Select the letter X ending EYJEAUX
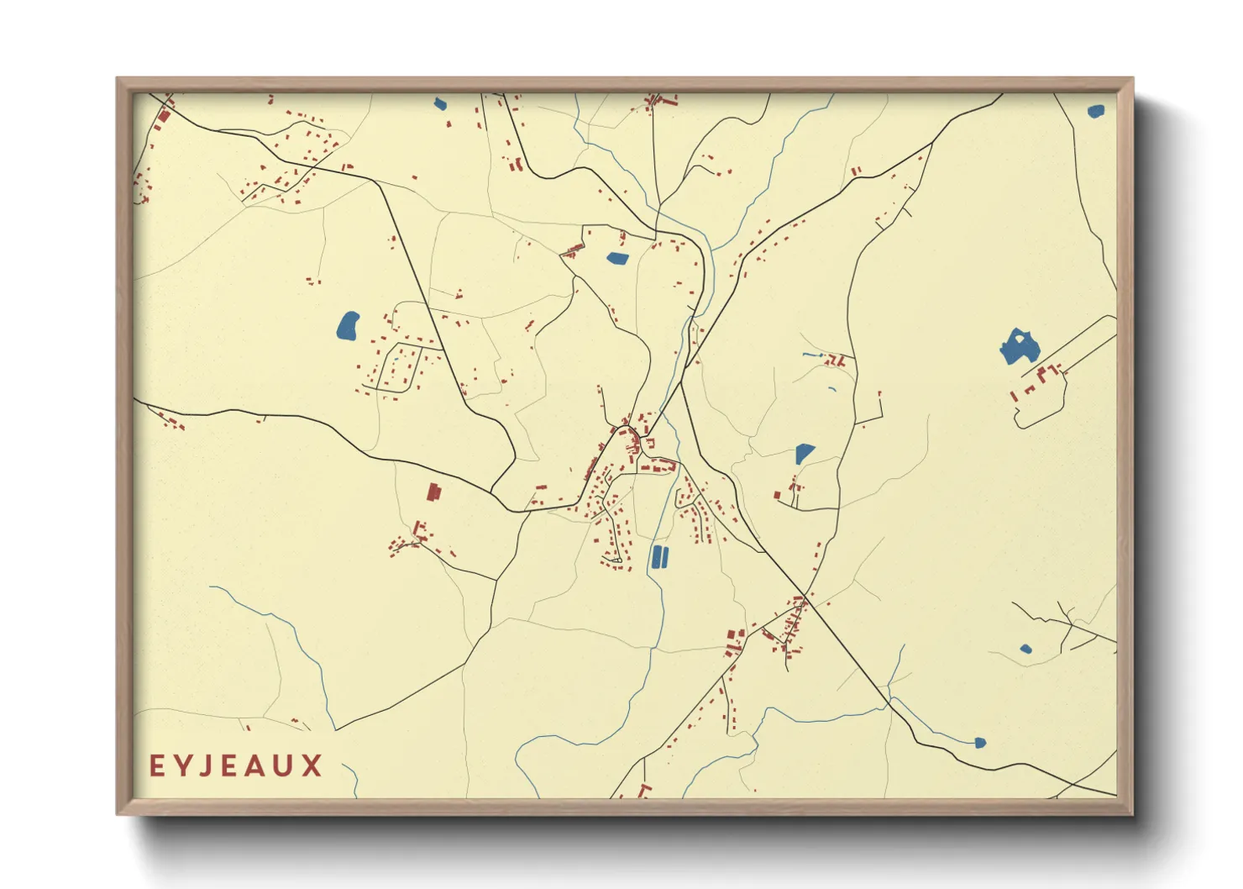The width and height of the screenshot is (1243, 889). click(312, 765)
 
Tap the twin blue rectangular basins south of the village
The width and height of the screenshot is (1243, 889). click(660, 556)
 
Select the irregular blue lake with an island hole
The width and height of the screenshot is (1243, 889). click(1018, 347)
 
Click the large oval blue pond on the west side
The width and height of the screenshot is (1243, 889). click(348, 325)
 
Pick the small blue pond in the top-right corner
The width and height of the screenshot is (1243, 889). click(1095, 111)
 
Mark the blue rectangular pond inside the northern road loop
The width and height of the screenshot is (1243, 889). click(617, 259)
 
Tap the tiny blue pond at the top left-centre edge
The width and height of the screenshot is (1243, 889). click(440, 104)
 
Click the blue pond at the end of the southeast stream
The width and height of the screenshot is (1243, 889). click(979, 743)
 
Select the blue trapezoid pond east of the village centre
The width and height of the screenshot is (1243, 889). click(804, 454)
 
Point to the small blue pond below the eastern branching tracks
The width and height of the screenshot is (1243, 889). click(1025, 649)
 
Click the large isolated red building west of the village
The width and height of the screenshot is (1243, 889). click(433, 492)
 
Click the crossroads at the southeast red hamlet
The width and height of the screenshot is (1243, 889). click(805, 597)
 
